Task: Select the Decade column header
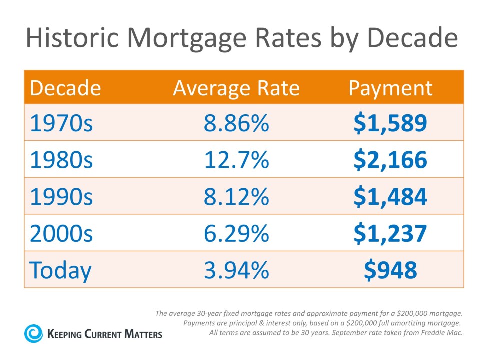click(x=65, y=88)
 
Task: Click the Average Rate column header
click(x=236, y=88)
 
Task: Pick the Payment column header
click(x=390, y=88)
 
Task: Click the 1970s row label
click(x=61, y=123)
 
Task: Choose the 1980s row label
click(x=61, y=160)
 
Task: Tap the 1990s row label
click(x=61, y=196)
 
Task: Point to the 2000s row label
click(x=61, y=233)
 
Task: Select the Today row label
click(x=61, y=270)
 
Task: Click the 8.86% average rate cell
click(x=236, y=123)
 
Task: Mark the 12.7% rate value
click(x=236, y=160)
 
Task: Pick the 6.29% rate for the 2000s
click(x=236, y=233)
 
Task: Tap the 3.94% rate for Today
click(x=236, y=270)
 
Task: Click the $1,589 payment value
click(x=390, y=123)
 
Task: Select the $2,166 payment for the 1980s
click(x=390, y=160)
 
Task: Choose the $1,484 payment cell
click(x=390, y=196)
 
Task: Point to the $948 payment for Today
click(x=390, y=270)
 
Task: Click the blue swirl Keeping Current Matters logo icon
click(x=34, y=333)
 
